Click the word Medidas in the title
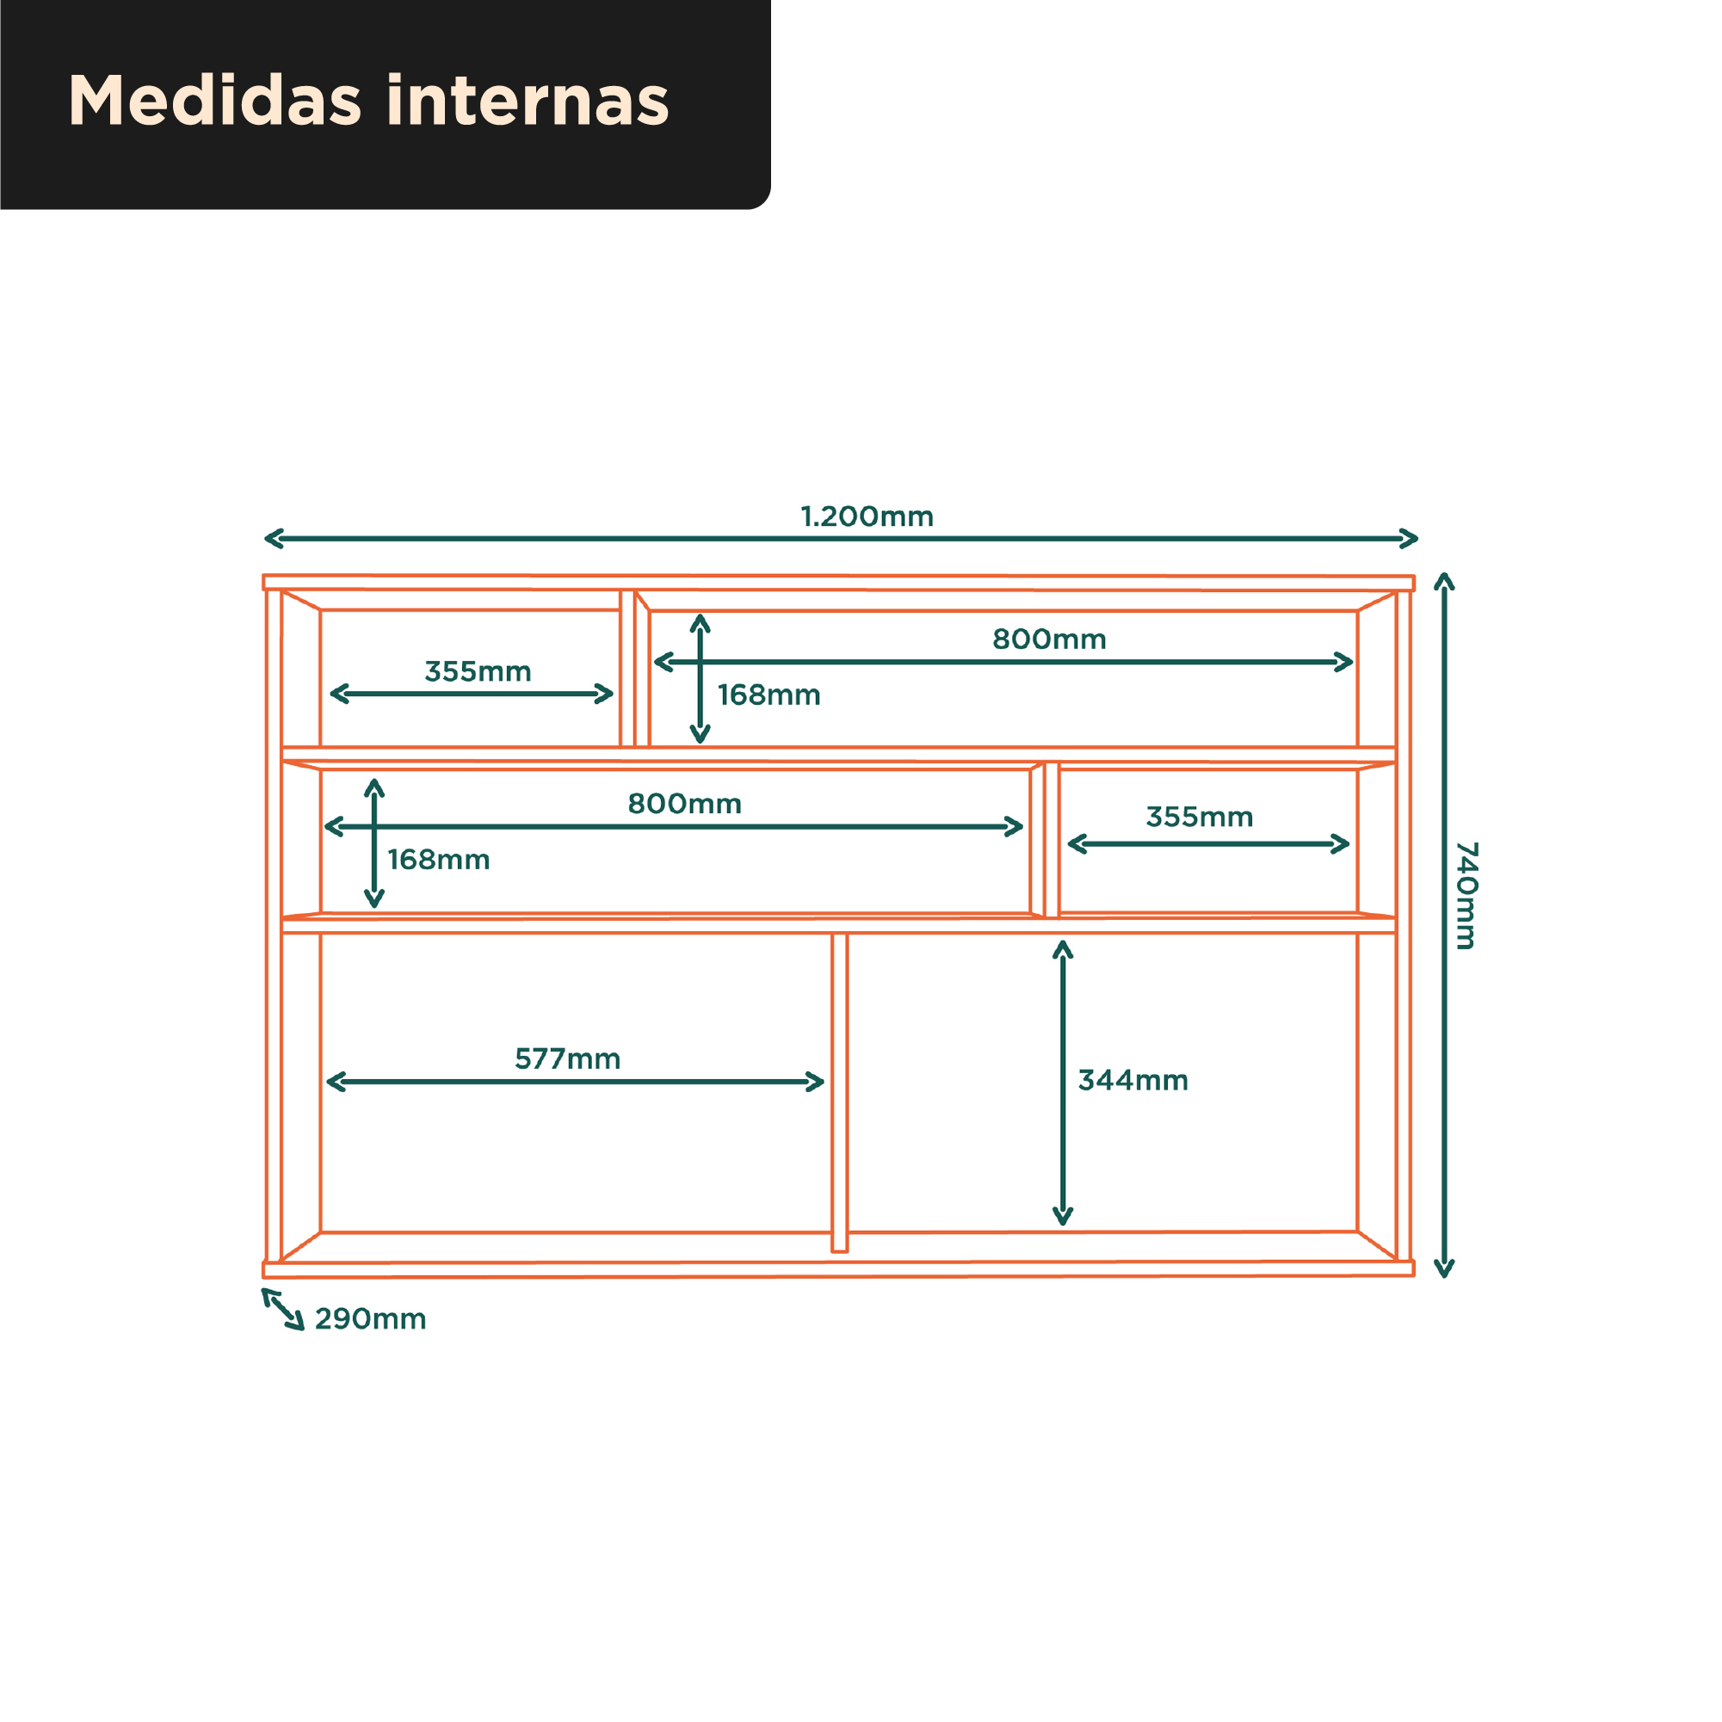coord(214,100)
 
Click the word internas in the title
coord(528,100)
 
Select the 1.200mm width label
coord(867,517)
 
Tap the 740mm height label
coord(1466,895)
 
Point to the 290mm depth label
coord(371,1319)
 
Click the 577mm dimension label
coord(568,1059)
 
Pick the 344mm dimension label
coord(1133,1080)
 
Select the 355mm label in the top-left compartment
coord(478,671)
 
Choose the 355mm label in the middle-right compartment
coord(1200,817)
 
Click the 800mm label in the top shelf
coord(1049,639)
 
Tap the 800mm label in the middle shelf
coord(684,804)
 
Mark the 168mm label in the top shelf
coord(769,695)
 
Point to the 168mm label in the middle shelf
coord(439,860)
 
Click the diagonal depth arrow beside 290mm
coord(283,1309)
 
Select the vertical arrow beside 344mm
coord(1063,1083)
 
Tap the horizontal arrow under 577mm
coord(575,1082)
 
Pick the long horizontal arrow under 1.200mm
coord(841,539)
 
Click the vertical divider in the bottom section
coord(840,1093)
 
